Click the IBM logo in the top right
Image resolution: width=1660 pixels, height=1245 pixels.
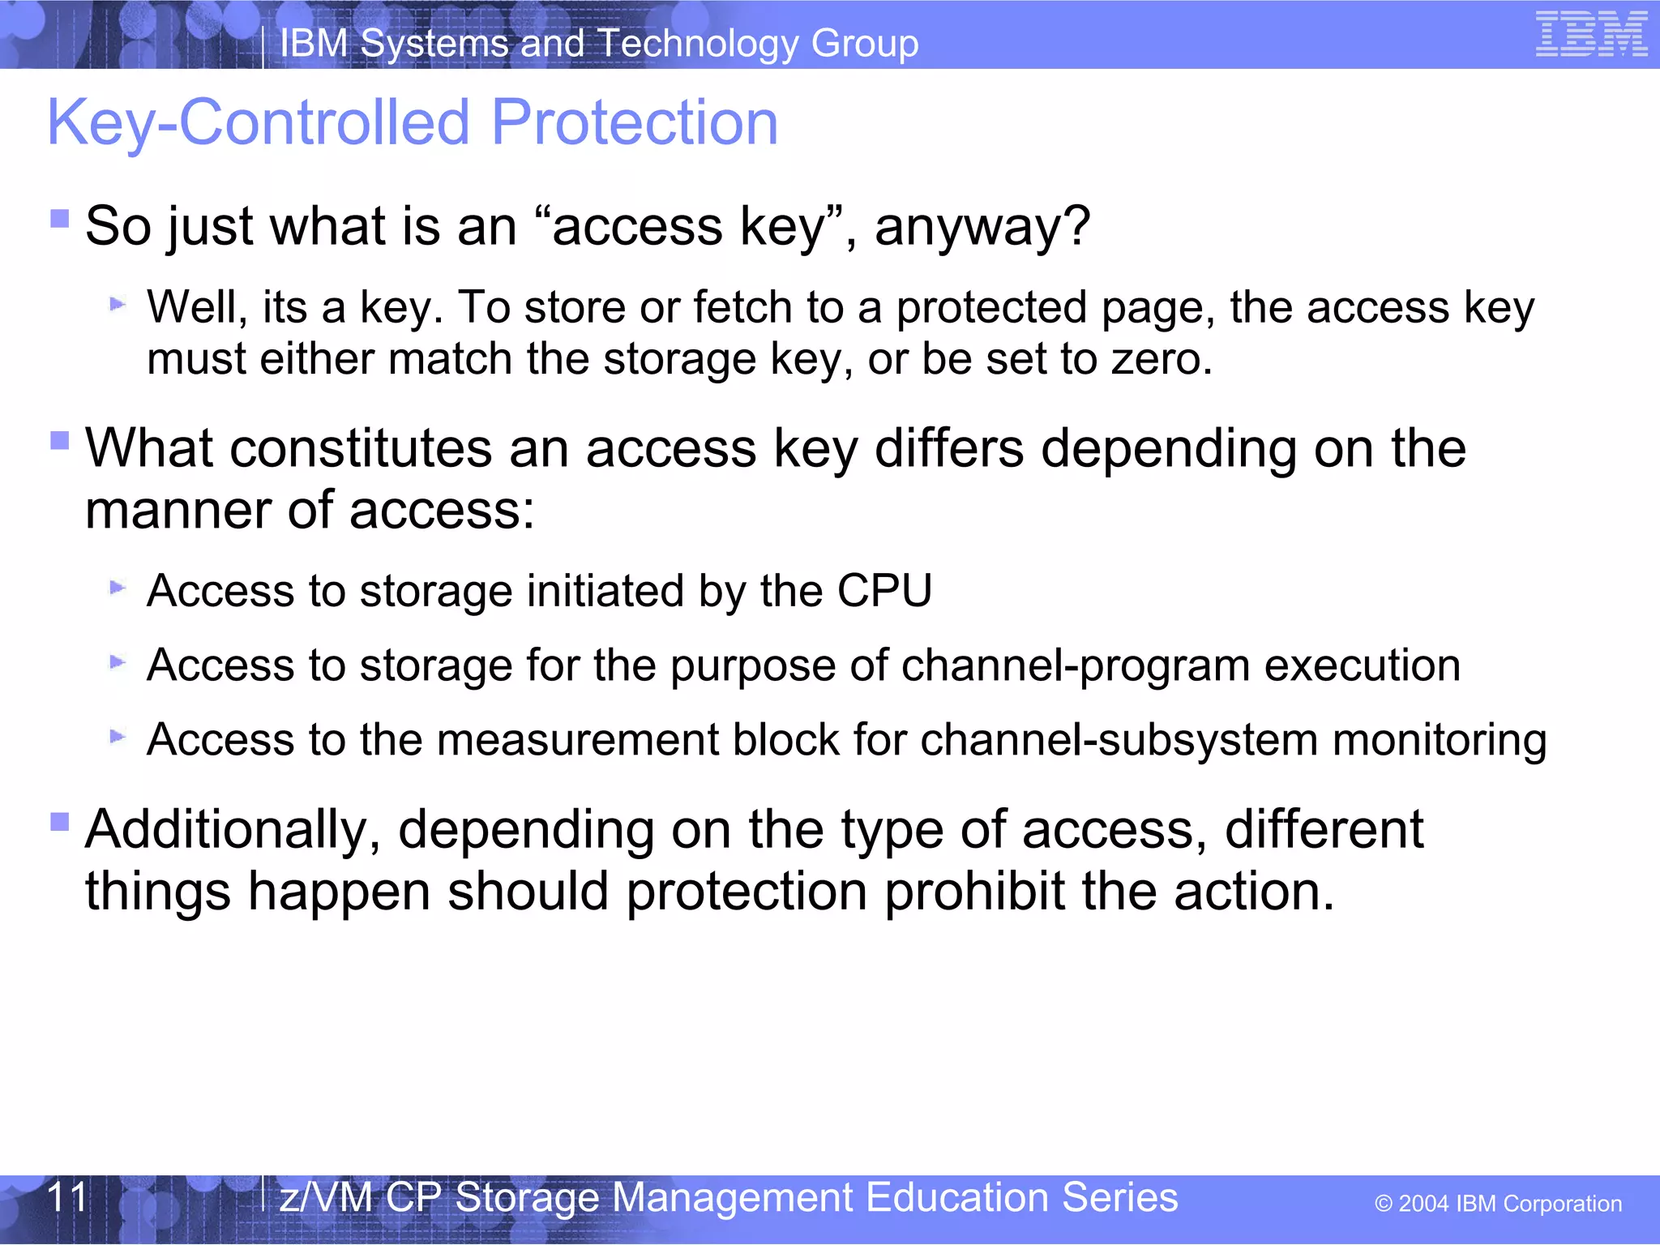1591,35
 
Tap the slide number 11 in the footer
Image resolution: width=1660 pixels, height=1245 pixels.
66,1197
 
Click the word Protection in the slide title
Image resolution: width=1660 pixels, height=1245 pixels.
634,122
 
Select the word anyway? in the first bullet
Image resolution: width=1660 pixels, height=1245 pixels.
982,226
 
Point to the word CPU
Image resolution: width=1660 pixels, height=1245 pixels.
884,590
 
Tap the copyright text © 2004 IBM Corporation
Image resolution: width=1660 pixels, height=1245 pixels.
1498,1204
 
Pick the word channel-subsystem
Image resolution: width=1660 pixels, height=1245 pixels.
1119,740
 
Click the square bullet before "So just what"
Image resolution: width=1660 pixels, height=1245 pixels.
59,219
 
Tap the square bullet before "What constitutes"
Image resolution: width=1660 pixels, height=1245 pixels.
59,440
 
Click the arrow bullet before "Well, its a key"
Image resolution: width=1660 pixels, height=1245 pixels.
118,305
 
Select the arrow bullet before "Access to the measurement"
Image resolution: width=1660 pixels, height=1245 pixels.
118,737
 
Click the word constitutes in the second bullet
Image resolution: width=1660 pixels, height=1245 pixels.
361,448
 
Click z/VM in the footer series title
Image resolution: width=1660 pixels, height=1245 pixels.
325,1197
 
